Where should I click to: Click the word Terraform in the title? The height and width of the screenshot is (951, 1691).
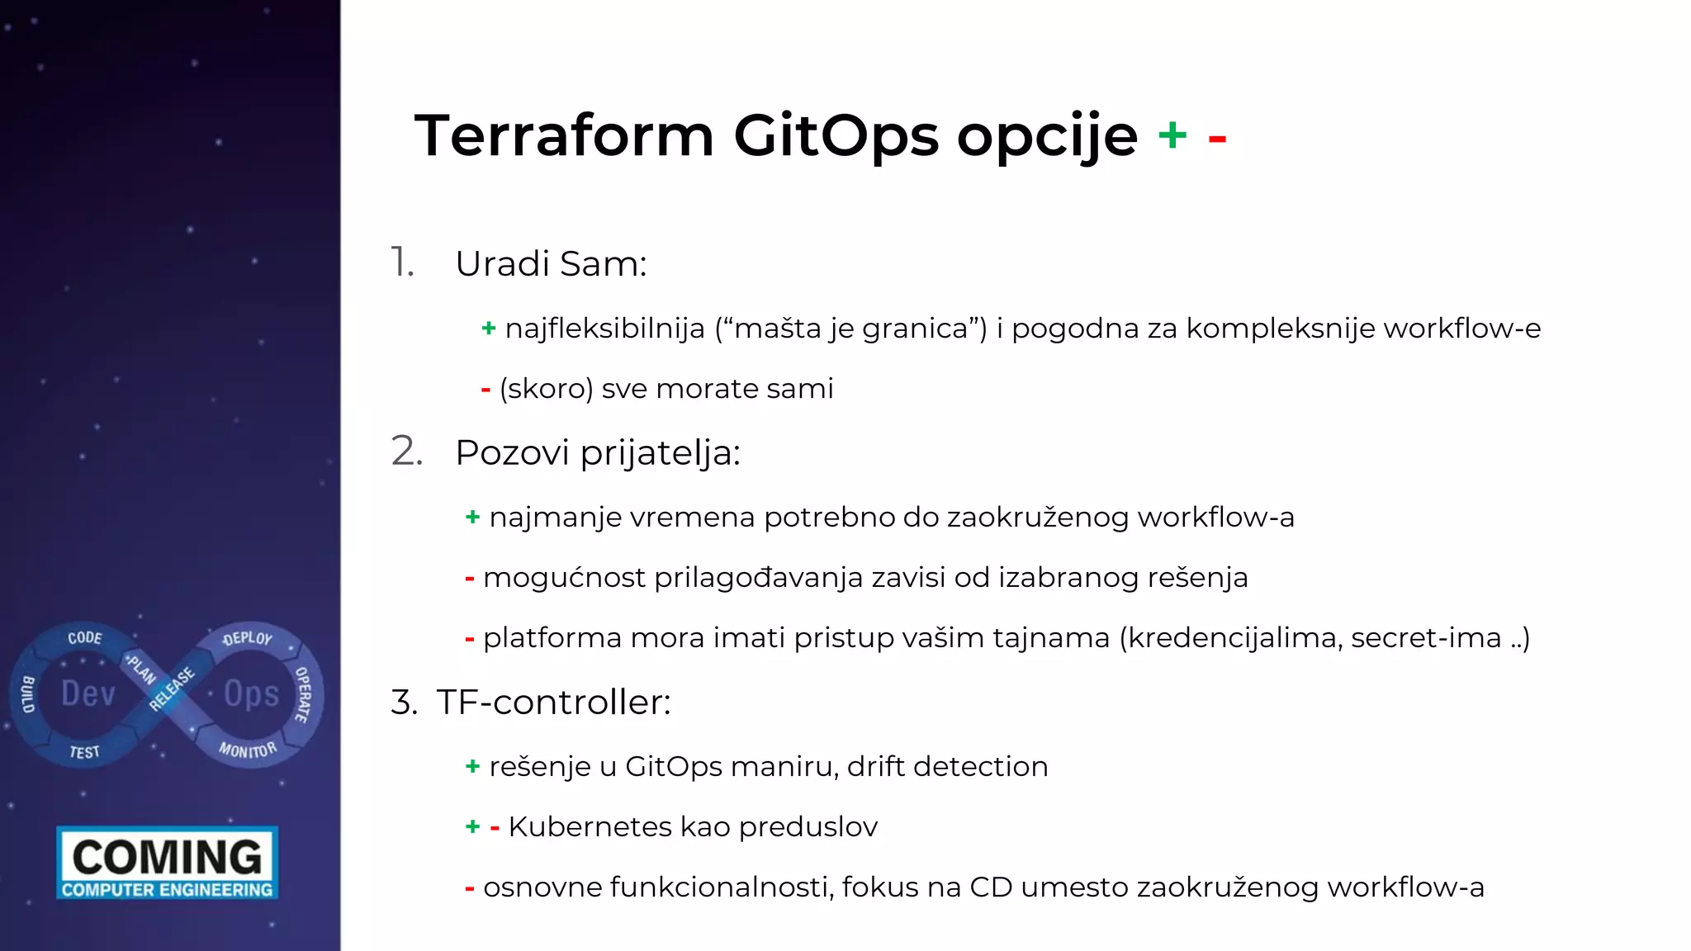(564, 136)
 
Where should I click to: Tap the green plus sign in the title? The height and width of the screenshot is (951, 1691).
(1172, 135)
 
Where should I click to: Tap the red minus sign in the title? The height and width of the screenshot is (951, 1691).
(1216, 140)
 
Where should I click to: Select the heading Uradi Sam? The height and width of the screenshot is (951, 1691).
(551, 264)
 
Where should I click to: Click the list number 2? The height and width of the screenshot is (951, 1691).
(406, 452)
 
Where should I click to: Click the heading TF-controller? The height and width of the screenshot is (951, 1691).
(553, 703)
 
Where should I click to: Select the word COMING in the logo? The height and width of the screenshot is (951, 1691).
(168, 856)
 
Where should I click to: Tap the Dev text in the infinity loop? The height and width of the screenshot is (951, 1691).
(88, 693)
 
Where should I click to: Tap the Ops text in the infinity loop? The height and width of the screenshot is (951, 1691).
(252, 693)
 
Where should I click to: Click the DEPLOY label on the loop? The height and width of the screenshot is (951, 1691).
(248, 638)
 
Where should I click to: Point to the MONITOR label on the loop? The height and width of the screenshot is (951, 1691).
(248, 750)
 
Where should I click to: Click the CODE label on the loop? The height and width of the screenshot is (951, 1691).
(85, 637)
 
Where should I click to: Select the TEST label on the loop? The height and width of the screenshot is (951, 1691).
(84, 752)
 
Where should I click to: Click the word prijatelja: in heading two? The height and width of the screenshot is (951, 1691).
(660, 453)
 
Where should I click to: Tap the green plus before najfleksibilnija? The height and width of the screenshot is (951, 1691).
(488, 329)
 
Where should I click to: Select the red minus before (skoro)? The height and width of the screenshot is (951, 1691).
(486, 390)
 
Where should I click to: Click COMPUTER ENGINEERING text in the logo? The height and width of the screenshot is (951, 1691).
(168, 890)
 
